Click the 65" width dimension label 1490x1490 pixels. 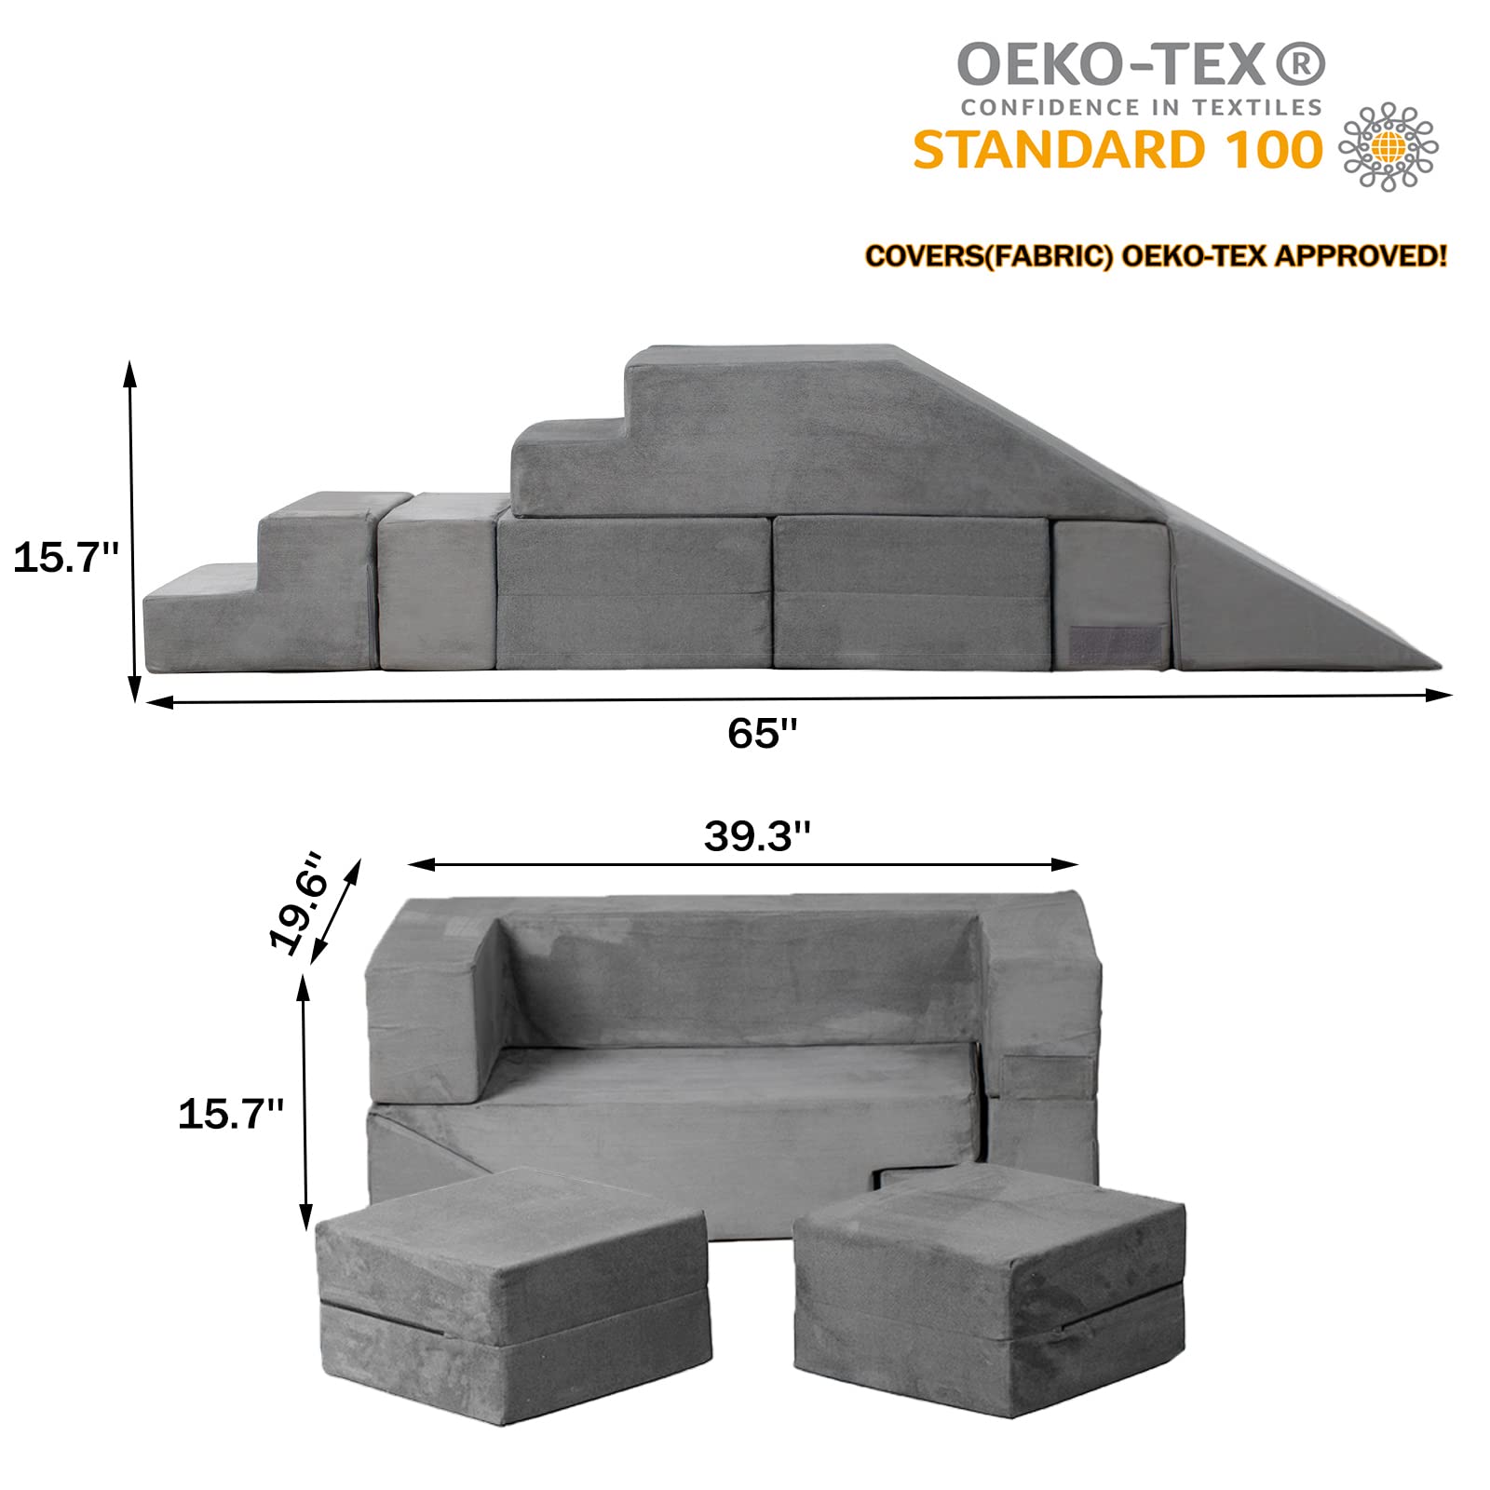[763, 733]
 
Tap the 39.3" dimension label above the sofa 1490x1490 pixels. [757, 835]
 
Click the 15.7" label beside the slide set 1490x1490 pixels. [66, 557]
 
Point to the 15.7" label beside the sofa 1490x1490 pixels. [231, 1113]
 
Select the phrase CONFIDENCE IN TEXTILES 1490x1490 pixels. [1142, 107]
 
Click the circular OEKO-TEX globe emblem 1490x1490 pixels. [1388, 147]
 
